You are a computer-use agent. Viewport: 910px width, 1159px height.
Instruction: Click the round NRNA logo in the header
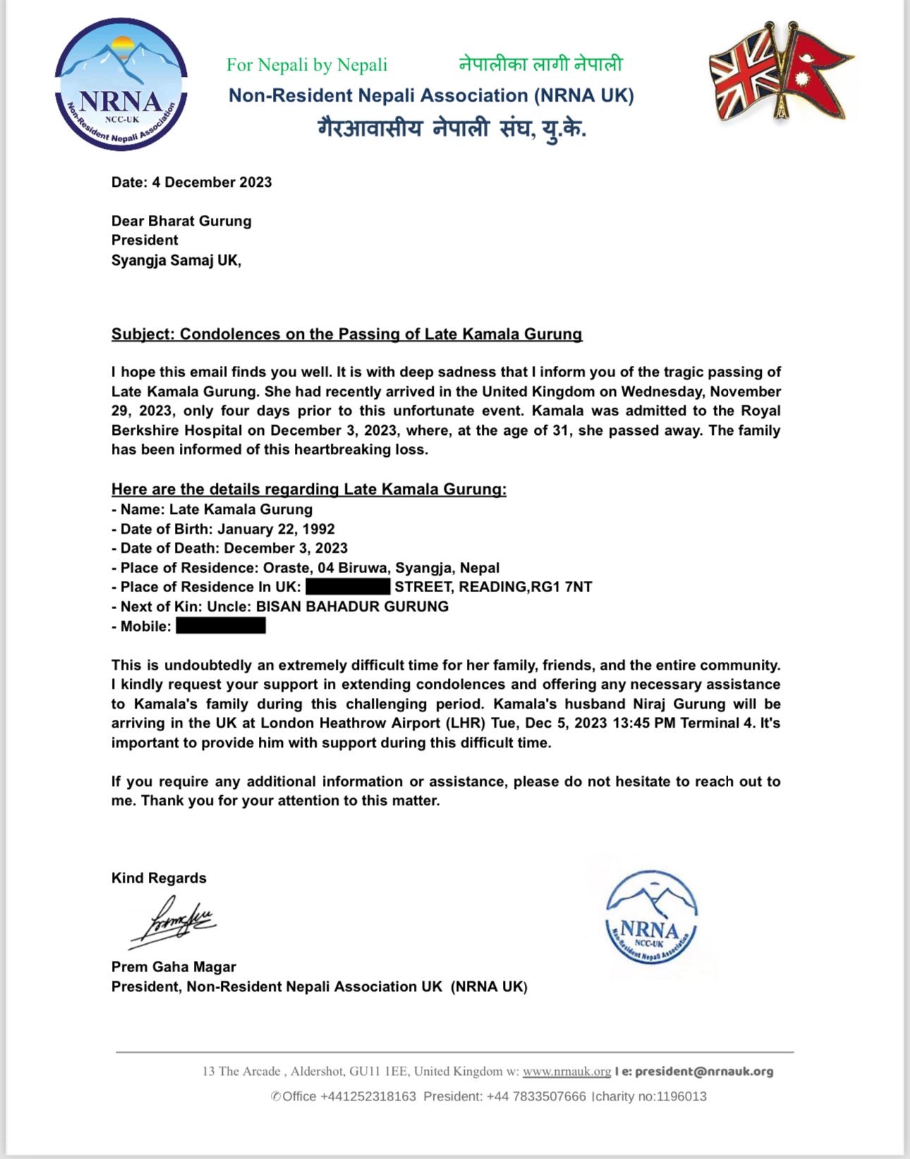(121, 85)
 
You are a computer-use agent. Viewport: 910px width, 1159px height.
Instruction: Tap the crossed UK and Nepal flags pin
(780, 74)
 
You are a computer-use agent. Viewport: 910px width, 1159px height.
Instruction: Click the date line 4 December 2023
(191, 182)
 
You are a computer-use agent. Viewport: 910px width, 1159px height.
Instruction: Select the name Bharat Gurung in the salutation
(200, 221)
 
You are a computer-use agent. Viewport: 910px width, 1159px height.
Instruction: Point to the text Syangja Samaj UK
(175, 260)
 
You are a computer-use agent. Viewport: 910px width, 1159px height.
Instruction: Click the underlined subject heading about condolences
(346, 334)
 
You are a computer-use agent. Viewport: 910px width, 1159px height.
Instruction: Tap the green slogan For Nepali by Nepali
(307, 65)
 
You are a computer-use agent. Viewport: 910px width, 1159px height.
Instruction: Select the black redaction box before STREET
(348, 587)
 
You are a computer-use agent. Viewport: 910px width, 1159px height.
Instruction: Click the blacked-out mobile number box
(221, 626)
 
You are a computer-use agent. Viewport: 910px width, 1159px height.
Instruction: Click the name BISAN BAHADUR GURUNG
(352, 606)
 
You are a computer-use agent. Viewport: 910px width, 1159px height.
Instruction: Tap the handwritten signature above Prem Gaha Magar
(173, 921)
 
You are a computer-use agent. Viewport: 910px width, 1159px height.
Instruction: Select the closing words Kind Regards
(159, 878)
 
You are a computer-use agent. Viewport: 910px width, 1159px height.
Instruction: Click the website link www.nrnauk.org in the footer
(566, 1071)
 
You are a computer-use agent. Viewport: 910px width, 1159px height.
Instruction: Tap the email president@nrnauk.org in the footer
(703, 1071)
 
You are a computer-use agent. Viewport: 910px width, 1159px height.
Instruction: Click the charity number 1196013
(681, 1096)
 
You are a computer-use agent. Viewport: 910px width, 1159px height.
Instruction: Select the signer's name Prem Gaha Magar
(174, 967)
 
